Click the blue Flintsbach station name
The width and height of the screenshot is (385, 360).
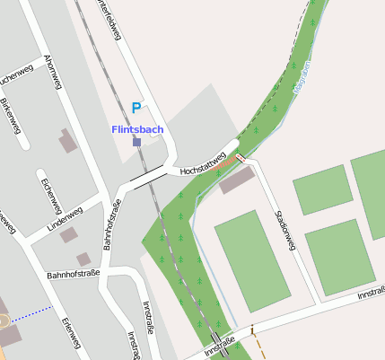pyautogui.click(x=136, y=129)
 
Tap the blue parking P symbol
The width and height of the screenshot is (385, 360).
pyautogui.click(x=136, y=108)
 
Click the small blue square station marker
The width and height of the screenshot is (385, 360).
pyautogui.click(x=136, y=142)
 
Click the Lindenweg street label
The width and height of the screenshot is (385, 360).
pyautogui.click(x=65, y=219)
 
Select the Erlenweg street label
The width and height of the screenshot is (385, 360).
pyautogui.click(x=70, y=333)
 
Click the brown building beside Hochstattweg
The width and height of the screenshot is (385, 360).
pyautogui.click(x=237, y=180)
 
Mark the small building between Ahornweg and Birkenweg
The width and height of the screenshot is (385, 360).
pyautogui.click(x=67, y=140)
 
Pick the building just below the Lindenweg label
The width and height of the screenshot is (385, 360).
pyautogui.click(x=69, y=234)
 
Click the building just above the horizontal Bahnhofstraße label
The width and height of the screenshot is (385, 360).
pyautogui.click(x=83, y=259)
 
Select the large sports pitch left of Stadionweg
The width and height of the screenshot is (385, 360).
pyautogui.click(x=252, y=259)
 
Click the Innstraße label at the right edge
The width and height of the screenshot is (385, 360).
pyautogui.click(x=370, y=294)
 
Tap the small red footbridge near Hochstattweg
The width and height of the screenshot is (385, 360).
pyautogui.click(x=240, y=159)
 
